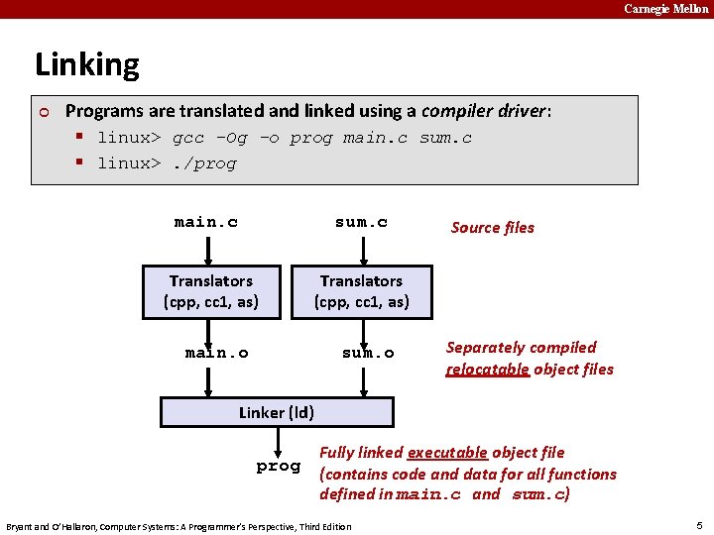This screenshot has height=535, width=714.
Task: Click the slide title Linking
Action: (x=87, y=65)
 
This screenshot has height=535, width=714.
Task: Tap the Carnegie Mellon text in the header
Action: (x=665, y=9)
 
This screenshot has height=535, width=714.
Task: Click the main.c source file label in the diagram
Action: (x=206, y=222)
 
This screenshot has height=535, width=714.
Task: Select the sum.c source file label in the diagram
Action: (x=361, y=222)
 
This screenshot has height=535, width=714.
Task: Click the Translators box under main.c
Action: (x=211, y=291)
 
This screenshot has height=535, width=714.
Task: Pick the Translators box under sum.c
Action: (x=361, y=291)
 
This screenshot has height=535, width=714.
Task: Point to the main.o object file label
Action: (x=216, y=353)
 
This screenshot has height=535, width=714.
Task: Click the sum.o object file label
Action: (x=368, y=353)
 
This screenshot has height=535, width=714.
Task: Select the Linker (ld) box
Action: (x=277, y=412)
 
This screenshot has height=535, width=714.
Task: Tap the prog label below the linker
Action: (x=278, y=466)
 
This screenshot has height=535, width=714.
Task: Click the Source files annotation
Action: (x=492, y=228)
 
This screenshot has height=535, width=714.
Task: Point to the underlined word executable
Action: (x=447, y=453)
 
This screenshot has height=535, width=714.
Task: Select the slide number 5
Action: (x=699, y=525)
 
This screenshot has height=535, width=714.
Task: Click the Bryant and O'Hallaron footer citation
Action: (x=178, y=526)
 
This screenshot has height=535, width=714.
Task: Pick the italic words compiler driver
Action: (x=485, y=111)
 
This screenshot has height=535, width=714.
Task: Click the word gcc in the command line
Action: (x=188, y=138)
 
